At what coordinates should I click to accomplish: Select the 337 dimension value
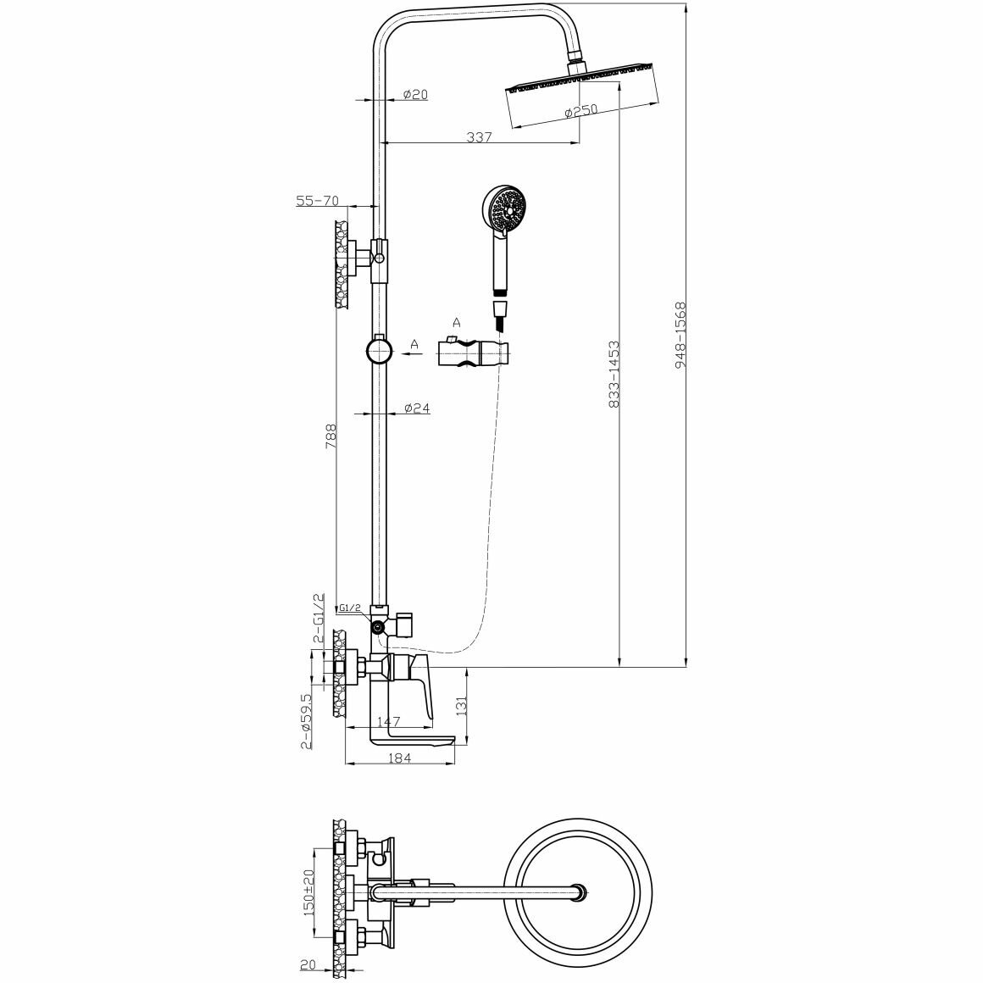pos(479,137)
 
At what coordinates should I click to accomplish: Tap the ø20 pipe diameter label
pos(414,94)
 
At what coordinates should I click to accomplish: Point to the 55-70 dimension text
pos(317,201)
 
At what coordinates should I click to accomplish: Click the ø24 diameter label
pos(416,408)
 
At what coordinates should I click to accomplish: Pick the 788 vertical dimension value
pos(331,436)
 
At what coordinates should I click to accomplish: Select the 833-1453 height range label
pos(614,375)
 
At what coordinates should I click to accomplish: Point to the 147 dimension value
pos(387,722)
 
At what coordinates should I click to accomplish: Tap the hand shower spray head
pos(505,209)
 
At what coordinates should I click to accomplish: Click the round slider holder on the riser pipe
pos(379,349)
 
